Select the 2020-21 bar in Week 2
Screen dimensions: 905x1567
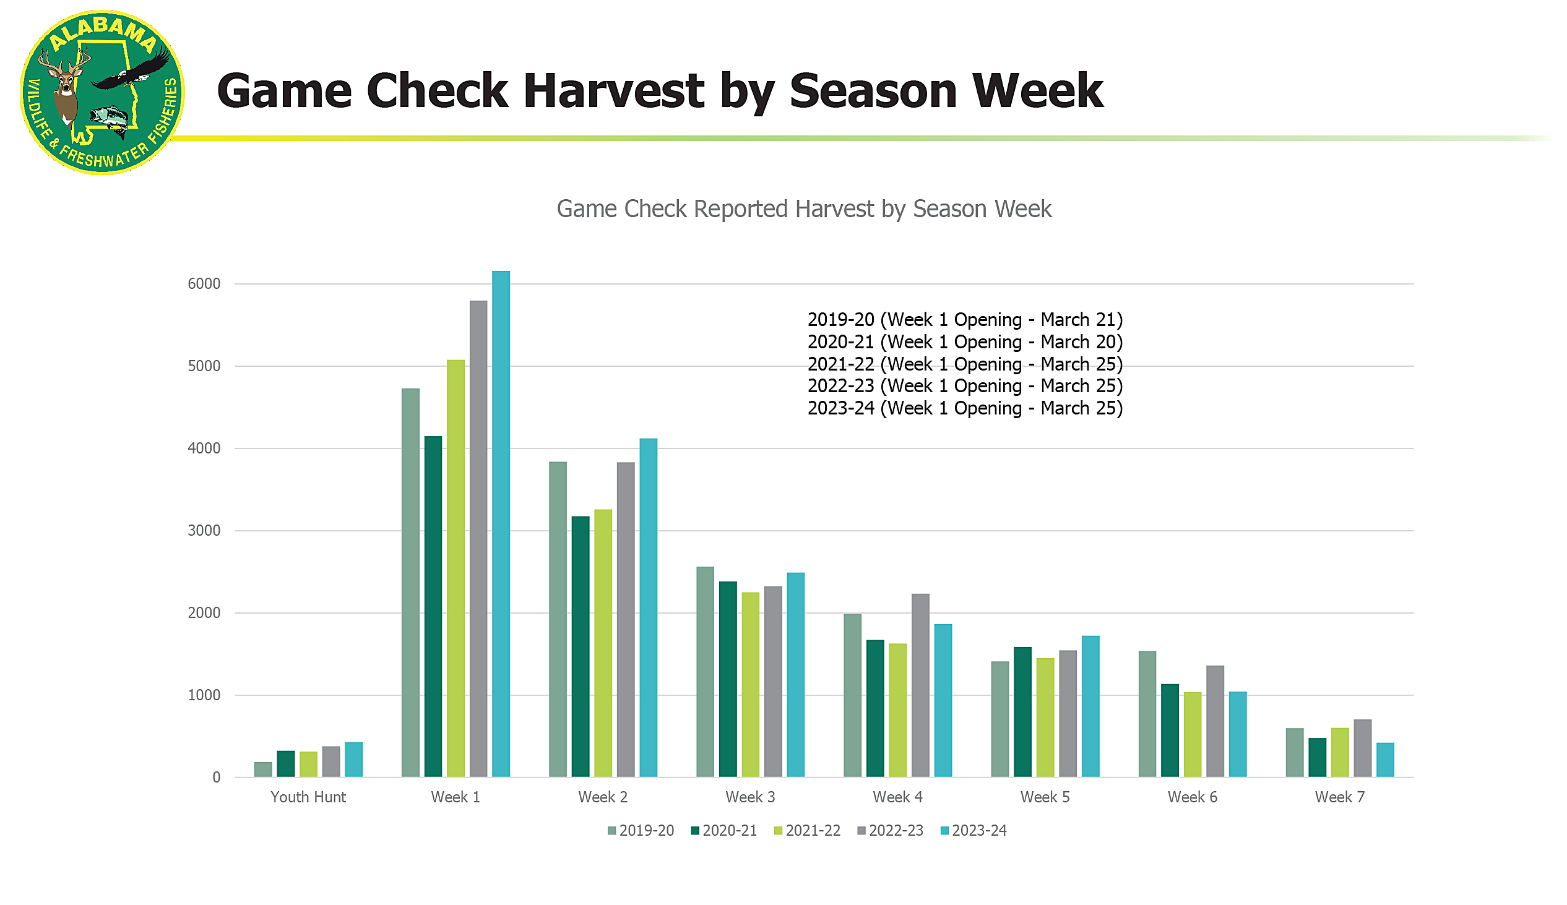580,646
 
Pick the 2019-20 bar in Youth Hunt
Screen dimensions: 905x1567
263,770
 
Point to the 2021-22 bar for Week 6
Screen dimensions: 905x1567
1193,735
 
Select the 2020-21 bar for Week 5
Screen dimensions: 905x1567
1022,713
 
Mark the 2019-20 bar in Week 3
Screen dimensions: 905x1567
705,672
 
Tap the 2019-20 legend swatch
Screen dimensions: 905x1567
612,831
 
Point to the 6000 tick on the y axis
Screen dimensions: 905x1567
204,284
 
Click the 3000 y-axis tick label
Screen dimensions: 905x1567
204,531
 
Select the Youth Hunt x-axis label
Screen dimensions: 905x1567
308,797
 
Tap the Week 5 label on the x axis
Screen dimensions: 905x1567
1045,797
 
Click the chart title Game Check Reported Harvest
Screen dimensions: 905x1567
803,210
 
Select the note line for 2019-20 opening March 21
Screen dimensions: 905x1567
964,320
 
